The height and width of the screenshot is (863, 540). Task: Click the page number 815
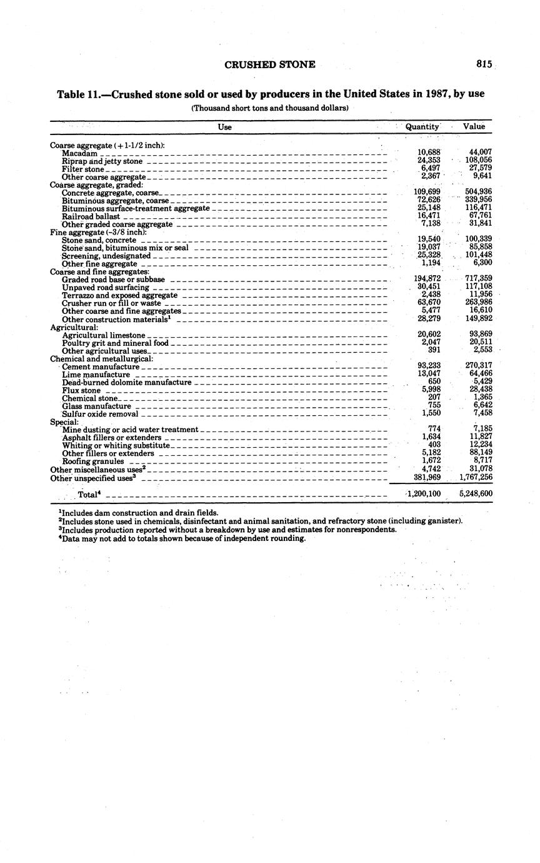coord(484,64)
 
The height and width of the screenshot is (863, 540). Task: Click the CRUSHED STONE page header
coord(269,64)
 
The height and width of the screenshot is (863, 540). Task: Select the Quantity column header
coord(422,126)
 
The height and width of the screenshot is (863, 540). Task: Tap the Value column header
coord(474,126)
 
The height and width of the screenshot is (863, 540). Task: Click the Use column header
coord(224,127)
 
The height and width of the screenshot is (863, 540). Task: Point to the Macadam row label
coord(79,153)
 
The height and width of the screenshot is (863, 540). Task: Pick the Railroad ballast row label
coord(91,216)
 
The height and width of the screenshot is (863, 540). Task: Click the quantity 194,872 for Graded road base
coord(427,279)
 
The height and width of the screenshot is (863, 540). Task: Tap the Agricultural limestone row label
coord(104,335)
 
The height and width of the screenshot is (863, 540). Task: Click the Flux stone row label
coord(81,390)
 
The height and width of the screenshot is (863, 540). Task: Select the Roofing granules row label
coord(93,462)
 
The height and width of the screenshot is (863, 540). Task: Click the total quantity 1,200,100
coord(424,494)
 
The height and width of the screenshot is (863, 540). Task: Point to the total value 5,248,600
coord(476,494)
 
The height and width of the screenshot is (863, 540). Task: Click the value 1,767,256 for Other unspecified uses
coord(476,477)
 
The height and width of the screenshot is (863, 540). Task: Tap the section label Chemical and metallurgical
coord(101,359)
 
